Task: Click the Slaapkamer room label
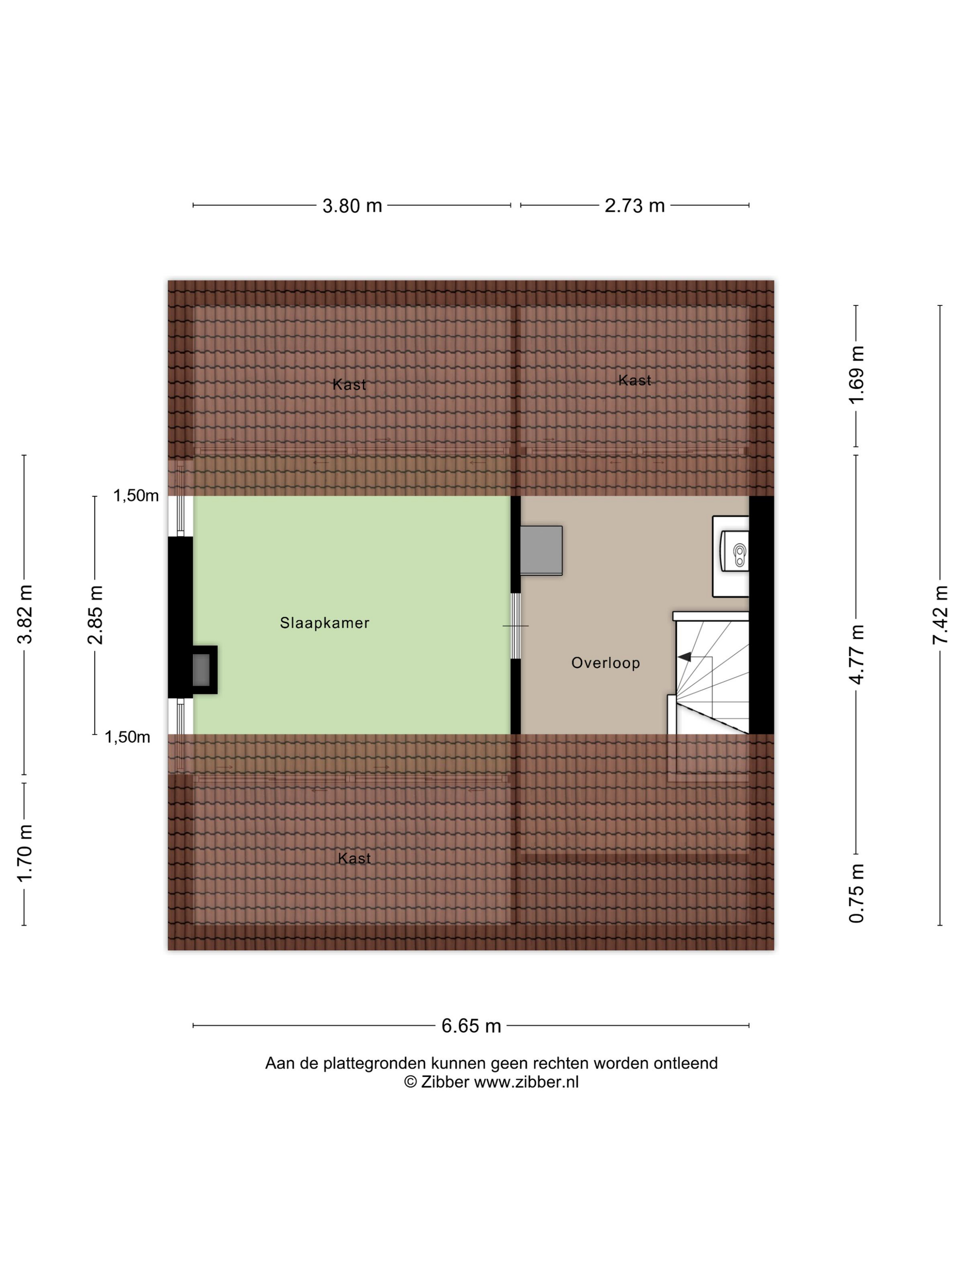point(324,623)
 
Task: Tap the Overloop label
point(605,663)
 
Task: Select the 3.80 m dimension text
point(352,206)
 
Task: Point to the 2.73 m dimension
point(634,206)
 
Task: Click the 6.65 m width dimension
point(471,1026)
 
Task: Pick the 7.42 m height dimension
point(940,615)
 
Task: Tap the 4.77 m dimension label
point(857,654)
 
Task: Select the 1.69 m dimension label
point(857,374)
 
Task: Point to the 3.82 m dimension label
point(25,615)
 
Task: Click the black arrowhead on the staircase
point(684,657)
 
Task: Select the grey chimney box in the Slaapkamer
point(201,669)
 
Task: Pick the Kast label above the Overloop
point(634,380)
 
